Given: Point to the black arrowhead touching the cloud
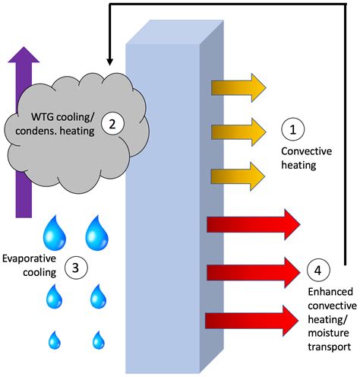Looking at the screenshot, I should click(x=109, y=61).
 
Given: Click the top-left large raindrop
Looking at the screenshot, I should click(x=54, y=233).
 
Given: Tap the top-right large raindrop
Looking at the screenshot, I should click(x=97, y=233).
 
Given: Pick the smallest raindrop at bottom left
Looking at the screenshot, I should click(x=55, y=339).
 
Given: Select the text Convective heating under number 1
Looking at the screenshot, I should click(x=307, y=157).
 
